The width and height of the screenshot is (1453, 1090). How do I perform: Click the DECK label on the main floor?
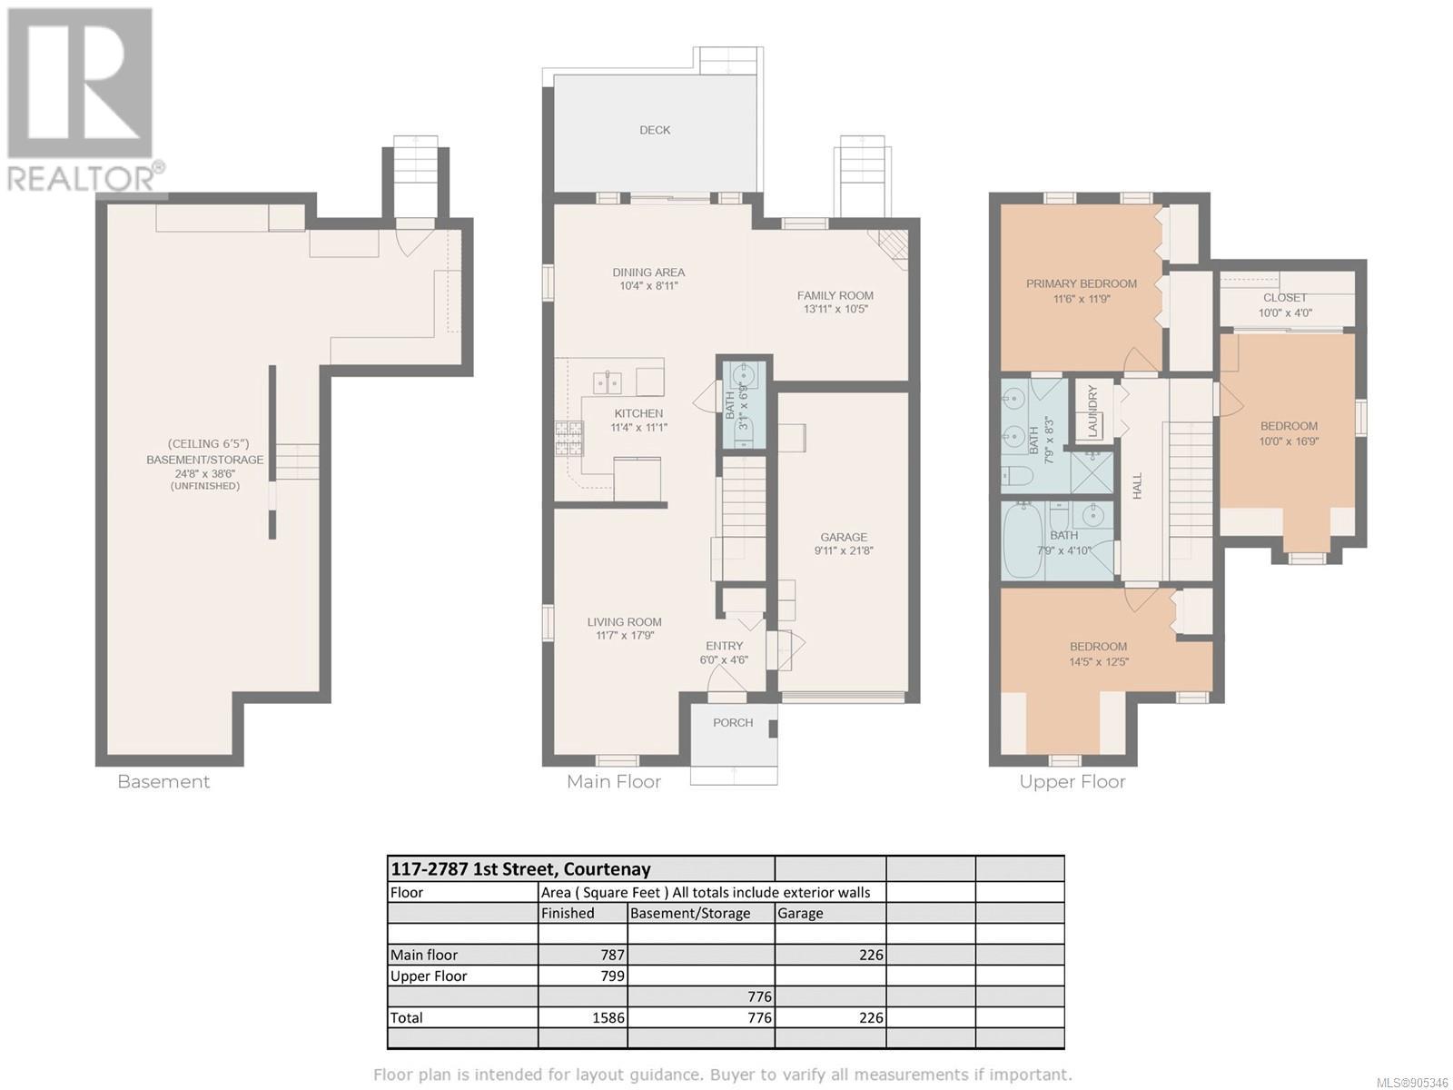pyautogui.click(x=655, y=131)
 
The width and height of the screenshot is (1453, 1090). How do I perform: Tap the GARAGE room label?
pyautogui.click(x=844, y=537)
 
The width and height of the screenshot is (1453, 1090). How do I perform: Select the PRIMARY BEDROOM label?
pyautogui.click(x=1081, y=284)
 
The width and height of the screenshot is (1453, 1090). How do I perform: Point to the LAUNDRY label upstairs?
pyautogui.click(x=1092, y=411)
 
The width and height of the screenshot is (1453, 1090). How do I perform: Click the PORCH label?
pyautogui.click(x=733, y=723)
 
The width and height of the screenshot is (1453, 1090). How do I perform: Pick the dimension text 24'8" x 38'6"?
pyautogui.click(x=204, y=474)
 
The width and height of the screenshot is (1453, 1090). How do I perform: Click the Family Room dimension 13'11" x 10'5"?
pyautogui.click(x=836, y=309)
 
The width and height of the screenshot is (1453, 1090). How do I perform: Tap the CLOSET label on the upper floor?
pyautogui.click(x=1285, y=298)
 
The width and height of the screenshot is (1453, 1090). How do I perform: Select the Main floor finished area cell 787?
pyautogui.click(x=612, y=955)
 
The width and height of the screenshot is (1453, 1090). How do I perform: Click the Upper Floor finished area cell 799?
pyautogui.click(x=612, y=976)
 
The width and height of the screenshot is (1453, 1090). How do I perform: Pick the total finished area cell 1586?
pyautogui.click(x=608, y=1017)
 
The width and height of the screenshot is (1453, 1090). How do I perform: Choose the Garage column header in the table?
pyautogui.click(x=800, y=913)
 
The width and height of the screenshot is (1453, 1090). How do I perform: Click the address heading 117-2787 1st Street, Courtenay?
pyautogui.click(x=521, y=869)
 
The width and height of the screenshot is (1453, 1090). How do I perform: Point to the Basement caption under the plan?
pyautogui.click(x=163, y=781)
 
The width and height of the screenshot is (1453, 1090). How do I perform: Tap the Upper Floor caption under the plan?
pyautogui.click(x=1072, y=782)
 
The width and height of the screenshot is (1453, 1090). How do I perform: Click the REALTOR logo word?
pyautogui.click(x=79, y=177)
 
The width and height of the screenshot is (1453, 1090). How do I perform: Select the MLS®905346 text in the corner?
pyautogui.click(x=1413, y=1083)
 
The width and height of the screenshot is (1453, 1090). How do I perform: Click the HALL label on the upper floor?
pyautogui.click(x=1137, y=485)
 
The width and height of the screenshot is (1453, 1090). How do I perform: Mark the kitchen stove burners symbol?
pyautogui.click(x=568, y=439)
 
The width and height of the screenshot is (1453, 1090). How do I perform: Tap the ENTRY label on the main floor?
pyautogui.click(x=724, y=646)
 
